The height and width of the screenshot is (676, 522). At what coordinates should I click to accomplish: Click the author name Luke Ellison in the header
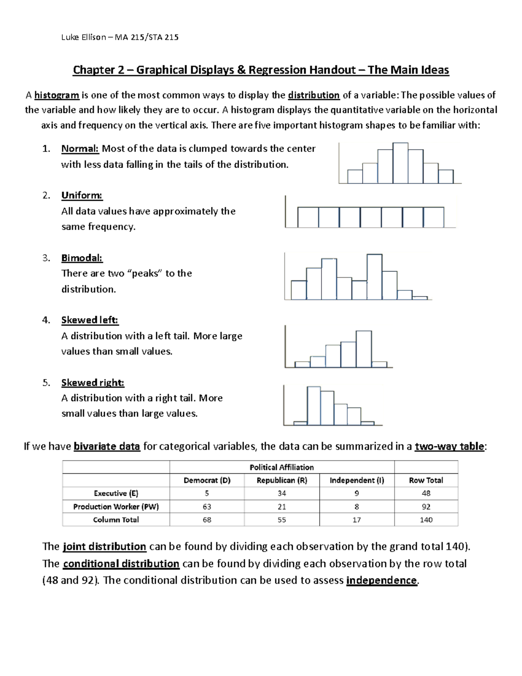(x=84, y=37)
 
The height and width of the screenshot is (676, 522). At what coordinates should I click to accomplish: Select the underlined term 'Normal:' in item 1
(x=80, y=149)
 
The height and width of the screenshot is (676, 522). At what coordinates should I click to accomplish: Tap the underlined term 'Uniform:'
(x=82, y=195)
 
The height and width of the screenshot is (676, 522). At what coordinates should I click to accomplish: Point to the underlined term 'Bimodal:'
(x=82, y=258)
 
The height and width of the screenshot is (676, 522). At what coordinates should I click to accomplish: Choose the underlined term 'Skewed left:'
(x=90, y=320)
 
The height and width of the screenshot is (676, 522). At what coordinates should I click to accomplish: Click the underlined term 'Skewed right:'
(x=93, y=383)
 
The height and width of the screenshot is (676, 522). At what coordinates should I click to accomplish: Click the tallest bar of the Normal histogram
(x=400, y=163)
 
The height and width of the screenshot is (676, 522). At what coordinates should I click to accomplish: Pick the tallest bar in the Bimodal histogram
(x=375, y=277)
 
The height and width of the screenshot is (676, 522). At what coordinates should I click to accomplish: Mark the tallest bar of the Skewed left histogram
(x=364, y=349)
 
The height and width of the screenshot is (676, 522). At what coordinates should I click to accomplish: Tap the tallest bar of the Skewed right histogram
(x=314, y=405)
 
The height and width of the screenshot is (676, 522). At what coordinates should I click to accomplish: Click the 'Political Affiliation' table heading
(x=281, y=467)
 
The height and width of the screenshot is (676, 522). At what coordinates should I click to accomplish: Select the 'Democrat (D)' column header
(x=207, y=481)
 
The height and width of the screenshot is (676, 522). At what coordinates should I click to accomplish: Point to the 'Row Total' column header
(x=426, y=481)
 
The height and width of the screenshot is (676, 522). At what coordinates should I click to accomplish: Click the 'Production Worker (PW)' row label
(x=116, y=507)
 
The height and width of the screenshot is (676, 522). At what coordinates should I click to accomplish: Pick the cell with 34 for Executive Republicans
(x=282, y=494)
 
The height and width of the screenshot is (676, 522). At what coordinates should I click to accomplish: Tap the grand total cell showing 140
(x=426, y=520)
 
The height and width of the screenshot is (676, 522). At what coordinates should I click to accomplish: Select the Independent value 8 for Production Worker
(x=357, y=507)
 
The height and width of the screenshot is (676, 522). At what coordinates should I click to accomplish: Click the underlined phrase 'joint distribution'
(x=104, y=547)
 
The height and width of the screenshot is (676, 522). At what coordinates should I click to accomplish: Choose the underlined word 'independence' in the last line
(x=381, y=581)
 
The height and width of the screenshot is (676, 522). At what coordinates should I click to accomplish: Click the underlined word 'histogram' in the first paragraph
(x=57, y=95)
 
